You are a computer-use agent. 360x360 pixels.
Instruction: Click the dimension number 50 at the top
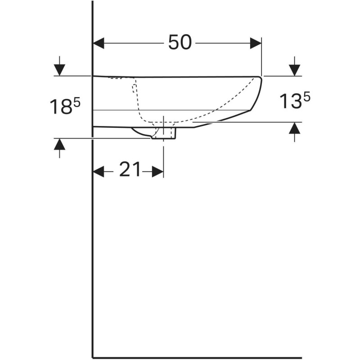(180, 43)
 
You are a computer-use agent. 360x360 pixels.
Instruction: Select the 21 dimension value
(130, 170)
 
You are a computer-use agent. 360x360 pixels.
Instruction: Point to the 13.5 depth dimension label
(294, 101)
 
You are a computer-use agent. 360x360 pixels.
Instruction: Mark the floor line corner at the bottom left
(93, 358)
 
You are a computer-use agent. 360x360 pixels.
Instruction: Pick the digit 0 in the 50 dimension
(186, 43)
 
